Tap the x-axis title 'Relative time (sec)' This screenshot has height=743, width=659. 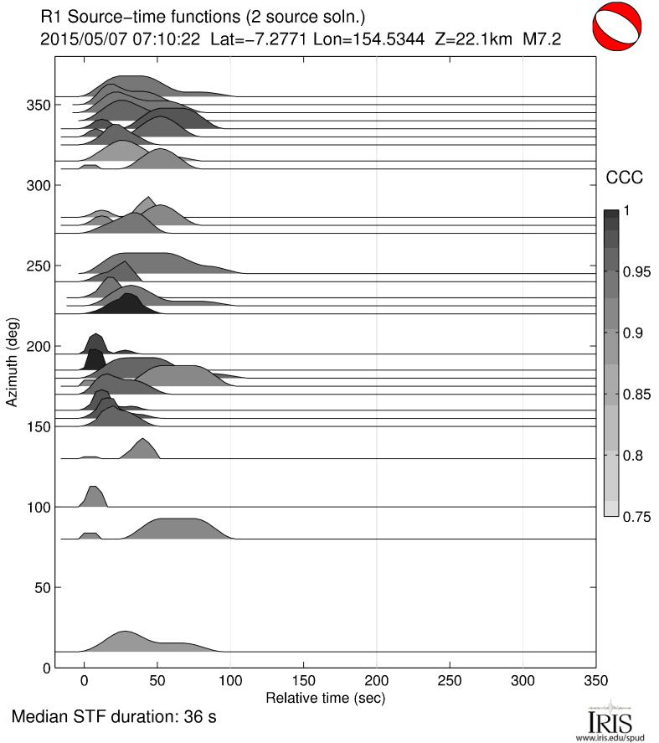click(325, 697)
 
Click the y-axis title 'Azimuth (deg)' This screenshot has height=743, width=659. click(13, 362)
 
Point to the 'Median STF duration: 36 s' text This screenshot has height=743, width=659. click(115, 719)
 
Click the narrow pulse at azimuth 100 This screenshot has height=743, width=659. click(92, 497)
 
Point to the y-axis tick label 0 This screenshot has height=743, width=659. click(46, 668)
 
